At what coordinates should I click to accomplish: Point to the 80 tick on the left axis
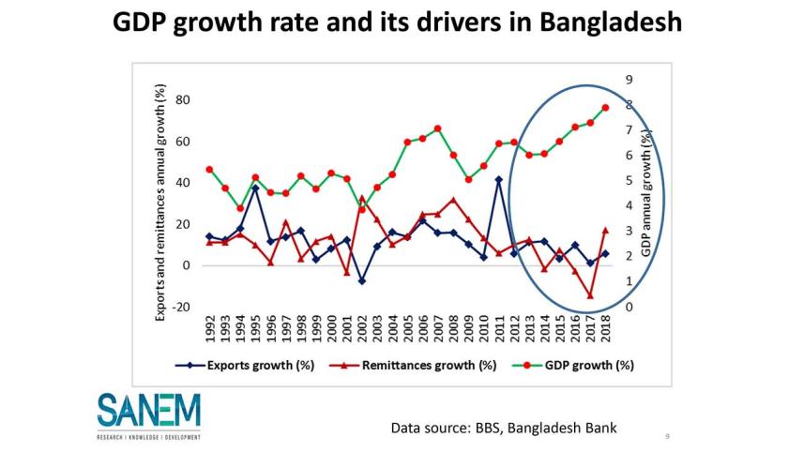coord(184,100)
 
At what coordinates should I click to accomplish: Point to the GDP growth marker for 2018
coord(605,107)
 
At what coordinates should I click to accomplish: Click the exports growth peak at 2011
coord(499,179)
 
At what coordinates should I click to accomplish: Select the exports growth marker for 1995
coord(255,188)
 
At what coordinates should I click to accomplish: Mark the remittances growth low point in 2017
coord(590,295)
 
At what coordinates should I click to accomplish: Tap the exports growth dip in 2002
coord(362,280)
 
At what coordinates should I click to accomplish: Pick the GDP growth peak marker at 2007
coord(438,128)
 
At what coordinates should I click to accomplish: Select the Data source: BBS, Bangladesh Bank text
coord(505,429)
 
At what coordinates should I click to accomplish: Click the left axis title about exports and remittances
coord(160,203)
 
